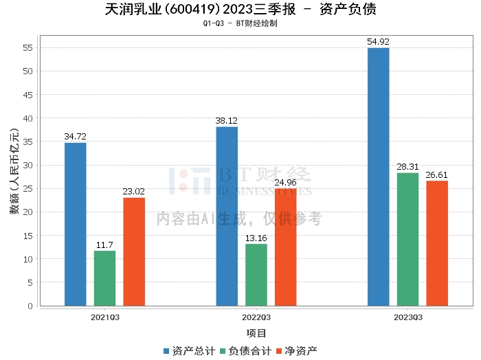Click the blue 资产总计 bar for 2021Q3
pos(76,224)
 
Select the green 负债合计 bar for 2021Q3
pos(104,278)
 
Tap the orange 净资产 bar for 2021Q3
pos(134,251)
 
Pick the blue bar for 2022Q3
pos(227,216)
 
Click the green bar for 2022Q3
pos(256,275)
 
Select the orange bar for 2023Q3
pos(437,243)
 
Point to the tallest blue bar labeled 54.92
pos(378,177)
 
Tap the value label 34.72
pos(76,137)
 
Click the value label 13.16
pos(256,238)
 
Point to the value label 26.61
pos(437,175)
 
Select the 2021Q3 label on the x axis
pos(105,317)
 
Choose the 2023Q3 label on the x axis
pos(407,317)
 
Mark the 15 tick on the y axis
pos(28,235)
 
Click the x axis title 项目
pos(256,333)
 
